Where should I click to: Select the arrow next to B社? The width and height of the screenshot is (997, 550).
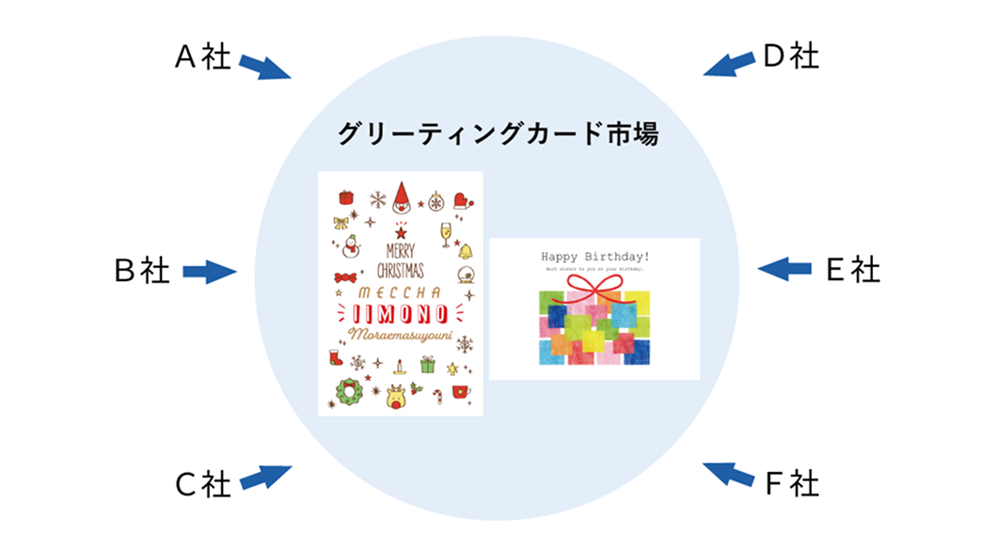click(208, 273)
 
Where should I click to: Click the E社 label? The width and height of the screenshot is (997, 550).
click(853, 271)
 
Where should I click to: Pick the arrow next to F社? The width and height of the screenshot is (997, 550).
click(728, 474)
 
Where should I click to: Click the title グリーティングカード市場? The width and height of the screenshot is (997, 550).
click(498, 134)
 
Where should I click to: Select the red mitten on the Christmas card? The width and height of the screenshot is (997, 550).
click(465, 199)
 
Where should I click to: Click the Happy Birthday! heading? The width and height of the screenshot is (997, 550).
click(594, 256)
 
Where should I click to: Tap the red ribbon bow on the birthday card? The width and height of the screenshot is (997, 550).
click(594, 286)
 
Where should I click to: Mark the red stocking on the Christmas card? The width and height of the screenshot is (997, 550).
click(336, 357)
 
